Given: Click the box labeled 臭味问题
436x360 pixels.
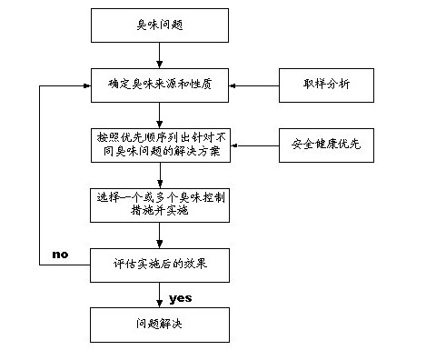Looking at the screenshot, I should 159,26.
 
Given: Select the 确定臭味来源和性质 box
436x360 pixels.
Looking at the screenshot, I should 159,85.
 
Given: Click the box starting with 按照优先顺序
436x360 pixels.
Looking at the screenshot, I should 159,145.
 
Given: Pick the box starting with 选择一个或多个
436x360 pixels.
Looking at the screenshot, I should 159,204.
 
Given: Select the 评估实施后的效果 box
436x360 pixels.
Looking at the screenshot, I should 159,265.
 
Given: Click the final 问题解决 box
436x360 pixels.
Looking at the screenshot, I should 159,324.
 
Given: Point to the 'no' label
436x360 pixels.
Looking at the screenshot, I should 61,254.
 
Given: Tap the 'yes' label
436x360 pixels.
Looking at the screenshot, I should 180,297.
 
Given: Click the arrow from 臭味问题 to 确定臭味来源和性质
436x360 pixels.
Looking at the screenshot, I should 160,55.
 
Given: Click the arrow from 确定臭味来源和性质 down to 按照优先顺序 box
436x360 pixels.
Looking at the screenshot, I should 160,114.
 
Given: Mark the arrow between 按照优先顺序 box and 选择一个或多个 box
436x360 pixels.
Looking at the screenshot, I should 160,174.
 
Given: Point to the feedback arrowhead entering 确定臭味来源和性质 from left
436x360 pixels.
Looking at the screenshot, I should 84,85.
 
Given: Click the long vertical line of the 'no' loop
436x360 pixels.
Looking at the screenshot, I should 39,173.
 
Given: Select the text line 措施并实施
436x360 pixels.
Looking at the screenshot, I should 159,210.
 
